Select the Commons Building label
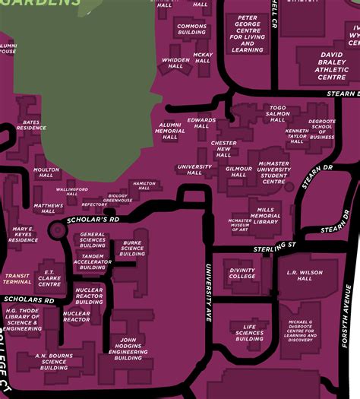point(192,30)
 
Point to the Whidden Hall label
point(176,63)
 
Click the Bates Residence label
point(31,125)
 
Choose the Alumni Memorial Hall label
point(170,131)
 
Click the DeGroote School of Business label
point(322,129)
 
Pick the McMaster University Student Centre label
point(273,173)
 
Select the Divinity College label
point(242,273)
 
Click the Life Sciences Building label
point(249,332)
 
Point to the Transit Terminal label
point(17,279)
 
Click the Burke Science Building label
point(132,249)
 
